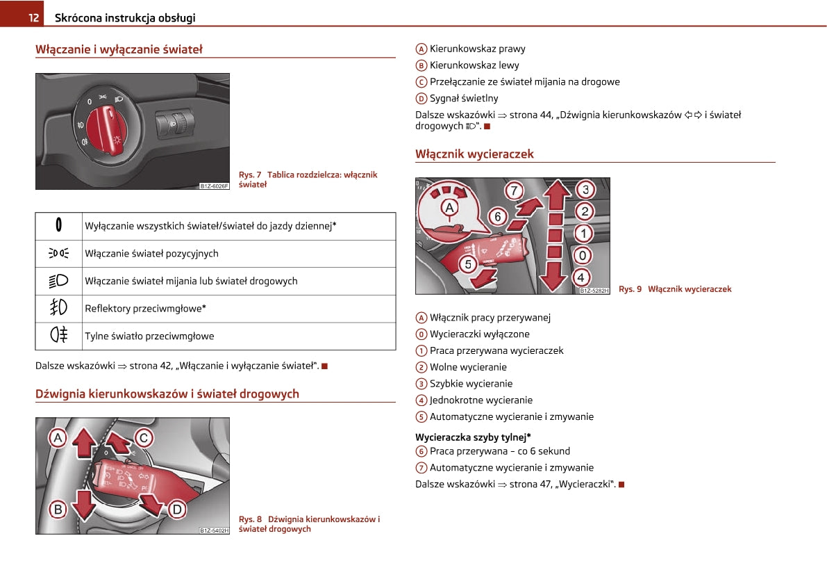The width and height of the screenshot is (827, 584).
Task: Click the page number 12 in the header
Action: pyautogui.click(x=33, y=18)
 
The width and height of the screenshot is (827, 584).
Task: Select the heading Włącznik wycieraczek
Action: pyautogui.click(x=474, y=154)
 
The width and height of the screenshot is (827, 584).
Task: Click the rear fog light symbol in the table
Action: pyautogui.click(x=58, y=336)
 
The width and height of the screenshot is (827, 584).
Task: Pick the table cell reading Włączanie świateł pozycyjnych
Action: pyautogui.click(x=151, y=254)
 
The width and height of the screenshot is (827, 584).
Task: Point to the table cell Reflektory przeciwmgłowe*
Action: pyautogui.click(x=146, y=309)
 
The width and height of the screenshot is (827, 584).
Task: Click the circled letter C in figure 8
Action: pyautogui.click(x=144, y=437)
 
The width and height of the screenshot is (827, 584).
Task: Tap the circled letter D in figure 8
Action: pyautogui.click(x=177, y=510)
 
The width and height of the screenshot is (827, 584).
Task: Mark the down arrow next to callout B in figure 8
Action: pyautogui.click(x=83, y=504)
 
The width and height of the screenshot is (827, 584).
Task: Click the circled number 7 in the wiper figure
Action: pyautogui.click(x=513, y=190)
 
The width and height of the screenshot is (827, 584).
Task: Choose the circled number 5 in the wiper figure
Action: pyautogui.click(x=469, y=263)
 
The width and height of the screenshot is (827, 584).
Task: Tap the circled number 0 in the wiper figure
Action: pyautogui.click(x=585, y=255)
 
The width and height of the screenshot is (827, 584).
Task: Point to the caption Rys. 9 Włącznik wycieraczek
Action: pyautogui.click(x=675, y=289)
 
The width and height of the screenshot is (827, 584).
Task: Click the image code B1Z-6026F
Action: pyautogui.click(x=214, y=186)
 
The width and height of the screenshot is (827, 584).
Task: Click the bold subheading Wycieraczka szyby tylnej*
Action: pyautogui.click(x=473, y=437)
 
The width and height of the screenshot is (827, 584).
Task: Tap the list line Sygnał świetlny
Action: pyautogui.click(x=464, y=99)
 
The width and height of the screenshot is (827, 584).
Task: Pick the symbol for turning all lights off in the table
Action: pyautogui.click(x=58, y=226)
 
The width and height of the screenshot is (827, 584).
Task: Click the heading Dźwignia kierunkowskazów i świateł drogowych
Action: pyautogui.click(x=167, y=394)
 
